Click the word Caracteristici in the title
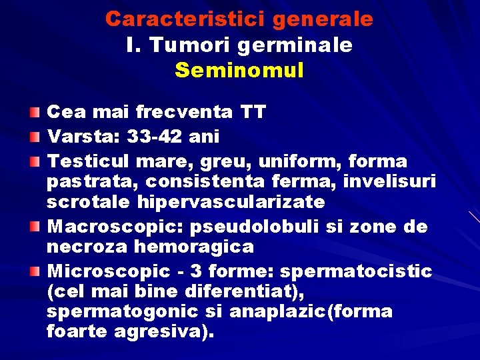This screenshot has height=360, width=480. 179,19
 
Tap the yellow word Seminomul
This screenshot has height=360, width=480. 239,70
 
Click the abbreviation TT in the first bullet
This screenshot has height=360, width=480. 253,112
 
